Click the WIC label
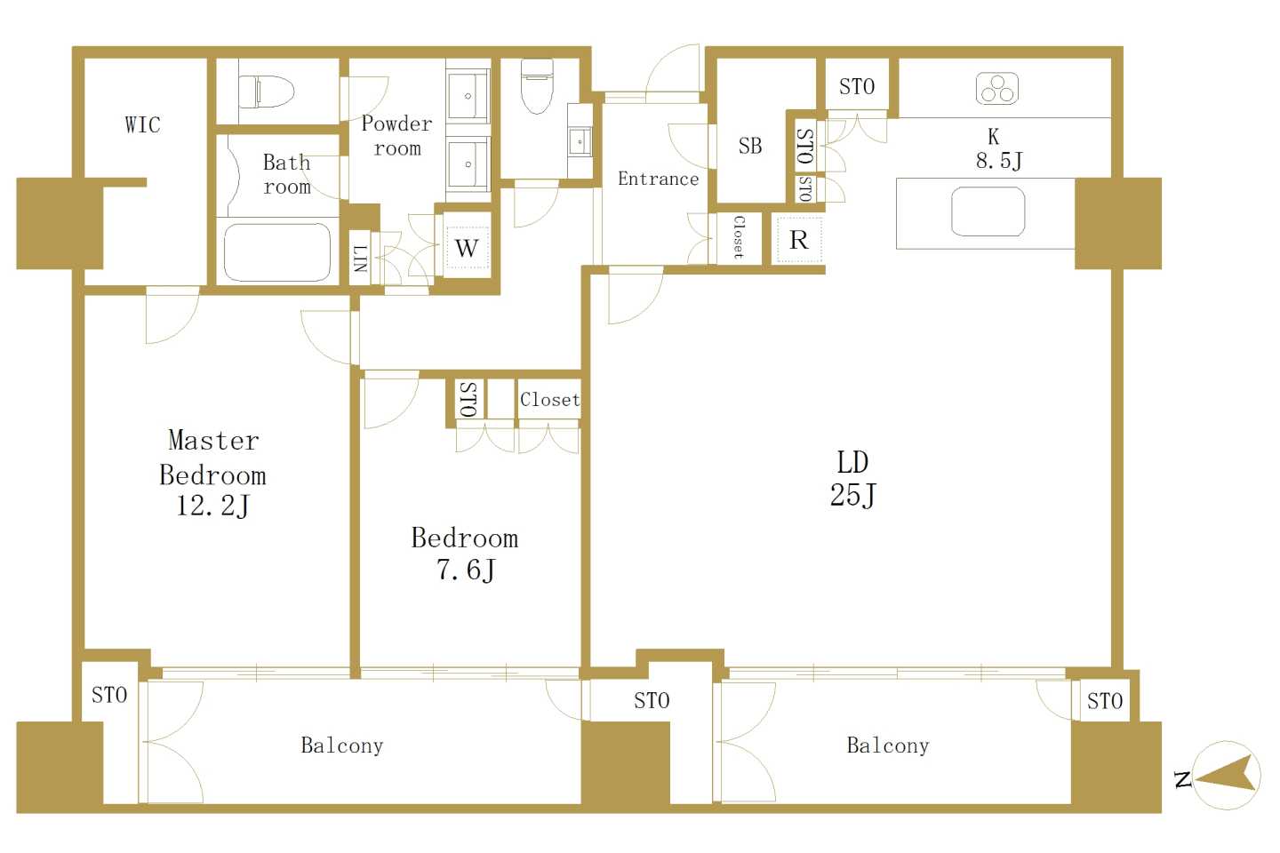tap(143, 124)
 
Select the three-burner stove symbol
tap(997, 89)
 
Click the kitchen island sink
tap(988, 211)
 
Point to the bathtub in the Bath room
tap(277, 252)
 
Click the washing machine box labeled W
tap(467, 248)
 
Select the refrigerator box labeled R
tap(799, 241)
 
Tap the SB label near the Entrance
tap(750, 146)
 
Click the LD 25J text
tap(852, 479)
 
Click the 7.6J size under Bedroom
tap(466, 570)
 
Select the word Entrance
tap(659, 179)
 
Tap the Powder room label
tap(397, 136)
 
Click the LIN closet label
tap(360, 259)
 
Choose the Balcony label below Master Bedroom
tap(341, 745)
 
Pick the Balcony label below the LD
tap(888, 745)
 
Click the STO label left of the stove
tap(857, 87)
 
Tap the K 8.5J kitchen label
tap(999, 149)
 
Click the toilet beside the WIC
tap(267, 92)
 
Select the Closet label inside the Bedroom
tap(549, 399)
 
